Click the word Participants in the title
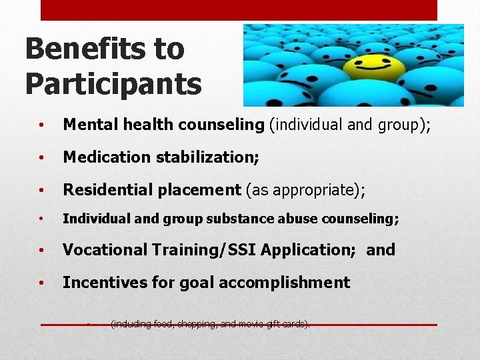click(113, 84)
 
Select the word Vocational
click(105, 250)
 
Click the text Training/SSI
click(204, 250)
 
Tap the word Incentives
click(103, 283)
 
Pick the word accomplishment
click(284, 283)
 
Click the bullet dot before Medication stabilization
click(42, 159)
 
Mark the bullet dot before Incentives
click(42, 284)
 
